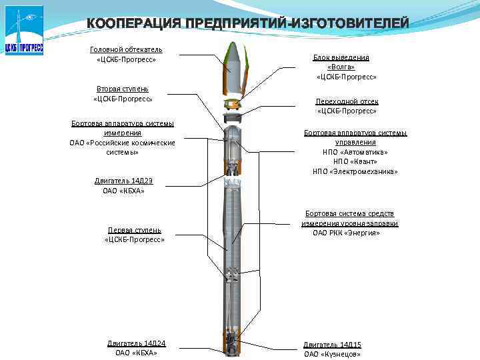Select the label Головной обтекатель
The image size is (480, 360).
click(x=126, y=49)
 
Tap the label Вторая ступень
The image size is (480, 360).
click(x=122, y=89)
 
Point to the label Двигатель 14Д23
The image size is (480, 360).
click(x=124, y=181)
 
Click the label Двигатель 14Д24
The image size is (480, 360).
click(x=136, y=343)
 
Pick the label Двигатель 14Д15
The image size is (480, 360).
click(x=332, y=344)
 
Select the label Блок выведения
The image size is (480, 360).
click(x=341, y=58)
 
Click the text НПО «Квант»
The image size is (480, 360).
click(x=355, y=161)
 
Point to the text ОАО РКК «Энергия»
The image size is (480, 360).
click(x=346, y=233)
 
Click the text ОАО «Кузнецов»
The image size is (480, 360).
click(x=332, y=354)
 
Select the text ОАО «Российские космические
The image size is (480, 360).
click(x=122, y=143)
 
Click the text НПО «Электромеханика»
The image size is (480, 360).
click(x=355, y=171)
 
